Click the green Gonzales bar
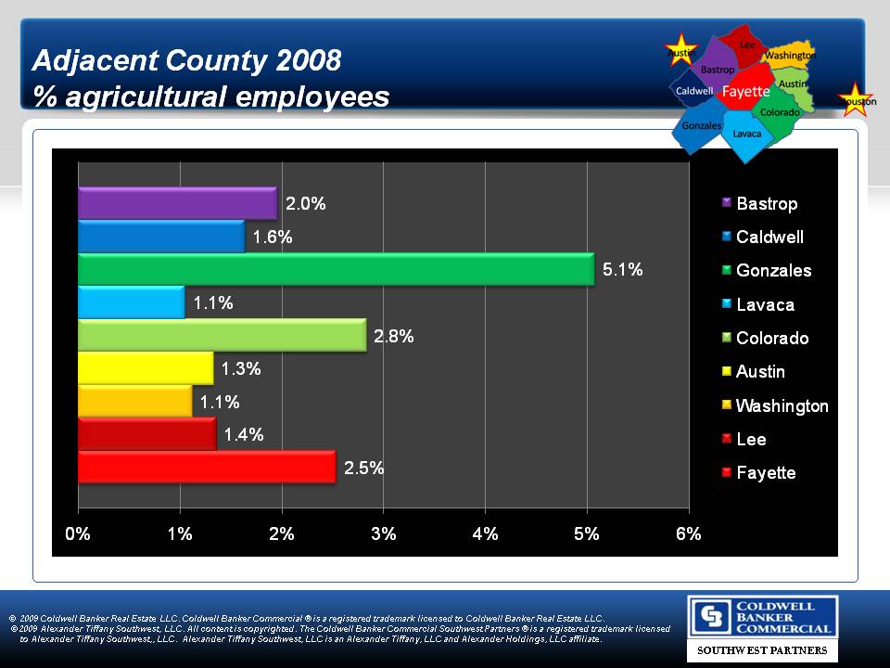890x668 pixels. click(336, 269)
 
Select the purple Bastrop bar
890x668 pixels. click(177, 203)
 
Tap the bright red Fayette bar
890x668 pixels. click(207, 468)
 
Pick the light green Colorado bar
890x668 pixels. click(222, 335)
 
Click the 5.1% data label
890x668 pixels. click(622, 270)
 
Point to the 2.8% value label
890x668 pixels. click(393, 337)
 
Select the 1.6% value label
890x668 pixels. click(273, 238)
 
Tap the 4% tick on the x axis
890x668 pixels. click(485, 533)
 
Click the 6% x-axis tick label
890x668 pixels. click(688, 533)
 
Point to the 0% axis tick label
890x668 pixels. click(78, 533)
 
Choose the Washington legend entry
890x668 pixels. click(782, 405)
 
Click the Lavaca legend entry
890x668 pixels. click(765, 304)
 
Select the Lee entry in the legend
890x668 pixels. click(751, 439)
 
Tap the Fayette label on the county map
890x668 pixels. click(746, 91)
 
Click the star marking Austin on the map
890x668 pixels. click(681, 51)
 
